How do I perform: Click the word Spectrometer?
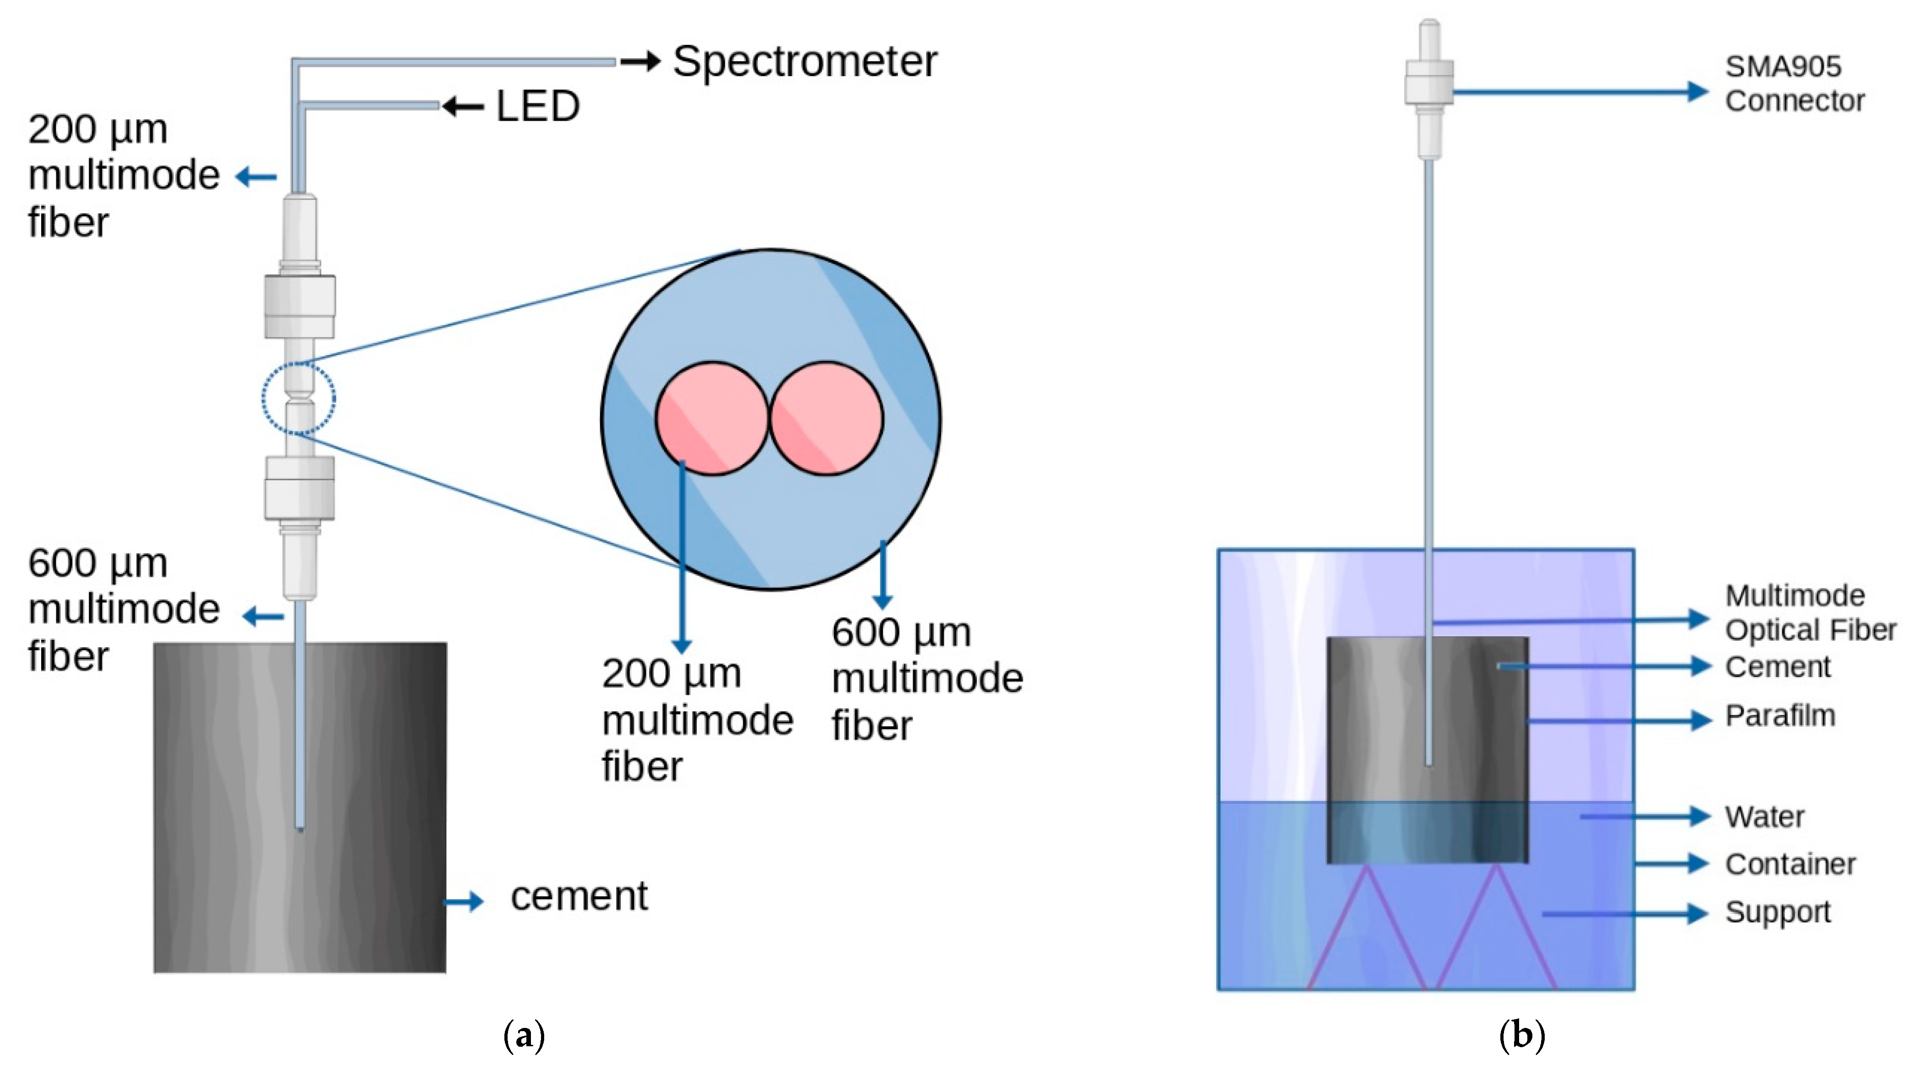coord(805,61)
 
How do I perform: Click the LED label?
coord(538,106)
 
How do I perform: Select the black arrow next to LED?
coord(464,106)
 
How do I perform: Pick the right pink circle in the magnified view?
coord(826,419)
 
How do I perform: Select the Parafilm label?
coord(1780,716)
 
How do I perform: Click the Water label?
coord(1764,817)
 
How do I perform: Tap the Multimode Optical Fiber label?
coord(1809,613)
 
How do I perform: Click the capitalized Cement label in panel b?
coord(1777,667)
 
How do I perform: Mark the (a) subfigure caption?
coord(524,1036)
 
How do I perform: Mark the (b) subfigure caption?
coord(1521,1036)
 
